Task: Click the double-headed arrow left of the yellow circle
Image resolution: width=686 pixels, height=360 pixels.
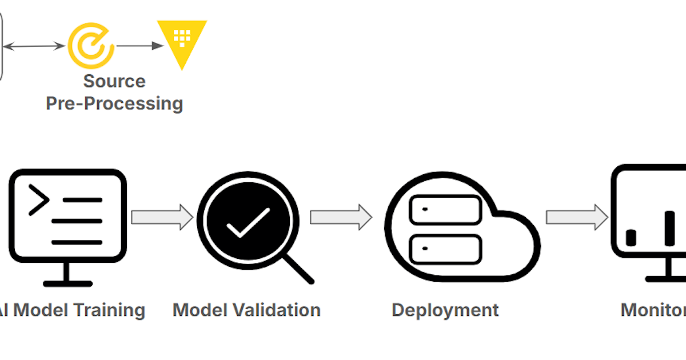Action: (x=34, y=46)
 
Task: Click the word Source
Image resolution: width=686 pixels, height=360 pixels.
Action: (x=114, y=81)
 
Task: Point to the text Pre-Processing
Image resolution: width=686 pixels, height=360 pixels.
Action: (x=114, y=103)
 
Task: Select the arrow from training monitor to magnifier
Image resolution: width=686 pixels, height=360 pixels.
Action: (x=162, y=217)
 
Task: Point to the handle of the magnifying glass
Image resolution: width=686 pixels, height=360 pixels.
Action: (x=298, y=269)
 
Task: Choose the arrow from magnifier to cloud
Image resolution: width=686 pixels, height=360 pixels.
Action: (x=341, y=217)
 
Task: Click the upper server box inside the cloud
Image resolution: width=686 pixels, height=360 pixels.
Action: (x=445, y=209)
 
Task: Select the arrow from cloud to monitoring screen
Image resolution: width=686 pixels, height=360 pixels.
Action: (x=576, y=217)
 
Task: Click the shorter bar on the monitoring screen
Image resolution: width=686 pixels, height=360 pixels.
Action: (x=631, y=238)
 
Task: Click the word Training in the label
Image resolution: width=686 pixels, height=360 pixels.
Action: (x=109, y=310)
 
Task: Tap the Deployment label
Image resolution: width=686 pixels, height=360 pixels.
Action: (x=445, y=310)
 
